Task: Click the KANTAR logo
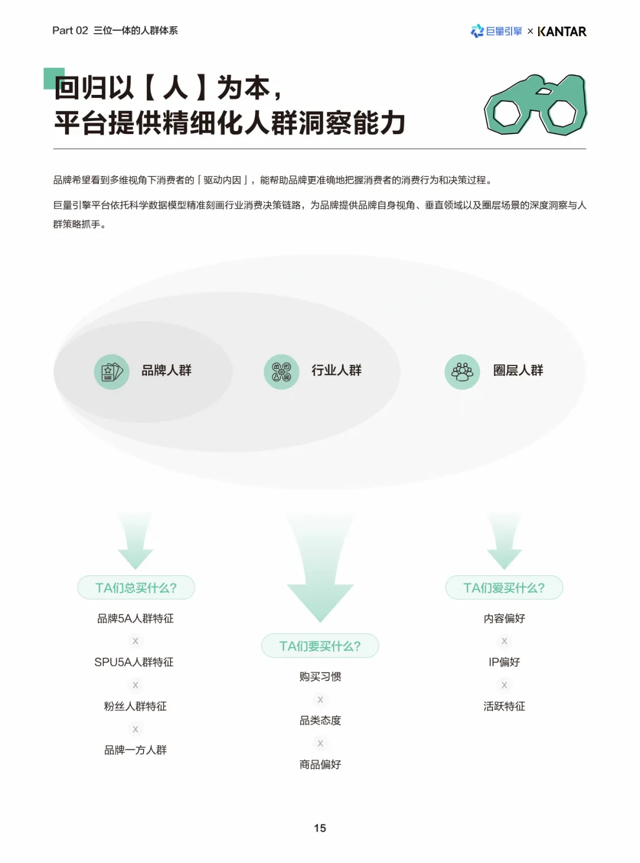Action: pos(562,31)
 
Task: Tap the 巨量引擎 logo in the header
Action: pos(497,31)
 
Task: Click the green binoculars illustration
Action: pos(536,105)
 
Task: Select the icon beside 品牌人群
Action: pos(111,372)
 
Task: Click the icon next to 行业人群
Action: pos(281,372)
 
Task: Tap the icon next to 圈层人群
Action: pos(462,372)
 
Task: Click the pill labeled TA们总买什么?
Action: pos(136,588)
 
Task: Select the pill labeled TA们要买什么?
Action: pos(320,646)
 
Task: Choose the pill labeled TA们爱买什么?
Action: pos(504,588)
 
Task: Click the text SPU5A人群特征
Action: pos(134,663)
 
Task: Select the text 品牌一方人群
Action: pos(136,750)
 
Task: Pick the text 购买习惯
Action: pos(320,677)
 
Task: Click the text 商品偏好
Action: pos(320,765)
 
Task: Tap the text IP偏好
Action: pos(504,663)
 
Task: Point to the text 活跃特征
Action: pos(504,706)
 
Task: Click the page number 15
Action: pos(320,828)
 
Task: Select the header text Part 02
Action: pos(70,31)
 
